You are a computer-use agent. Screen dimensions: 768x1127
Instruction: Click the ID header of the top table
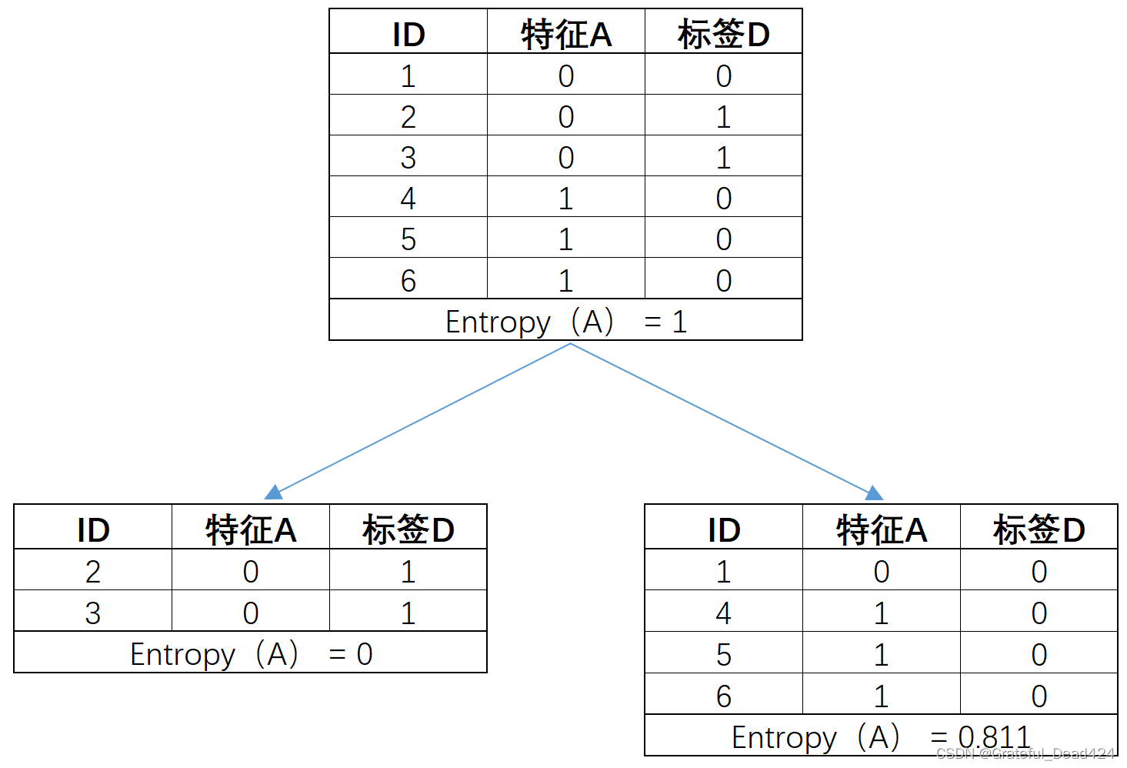tap(408, 35)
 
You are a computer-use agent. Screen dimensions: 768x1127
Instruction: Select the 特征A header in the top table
tap(566, 35)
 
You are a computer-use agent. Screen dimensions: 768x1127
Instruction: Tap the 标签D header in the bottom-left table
tap(408, 530)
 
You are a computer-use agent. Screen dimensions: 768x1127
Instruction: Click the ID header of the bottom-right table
tap(724, 530)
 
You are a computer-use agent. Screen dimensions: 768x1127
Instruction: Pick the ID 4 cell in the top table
tap(408, 199)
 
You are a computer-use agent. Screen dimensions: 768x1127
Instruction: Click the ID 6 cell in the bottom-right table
tap(724, 696)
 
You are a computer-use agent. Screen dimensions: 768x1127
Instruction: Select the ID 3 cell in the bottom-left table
tap(93, 613)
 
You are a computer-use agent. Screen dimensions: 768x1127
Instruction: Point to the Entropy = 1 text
tap(566, 322)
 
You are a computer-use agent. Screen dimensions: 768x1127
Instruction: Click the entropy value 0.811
tap(994, 736)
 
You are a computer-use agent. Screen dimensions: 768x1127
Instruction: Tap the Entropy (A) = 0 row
tap(251, 654)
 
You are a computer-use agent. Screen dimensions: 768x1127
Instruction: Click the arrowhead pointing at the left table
tap(274, 493)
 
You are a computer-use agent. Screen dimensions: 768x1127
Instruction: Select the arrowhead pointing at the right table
tap(874, 493)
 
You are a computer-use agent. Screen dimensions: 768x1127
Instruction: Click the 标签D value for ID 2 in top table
tap(723, 117)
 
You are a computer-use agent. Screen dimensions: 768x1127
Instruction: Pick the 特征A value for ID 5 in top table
tap(566, 239)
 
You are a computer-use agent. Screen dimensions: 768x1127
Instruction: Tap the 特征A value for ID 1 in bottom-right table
tap(882, 572)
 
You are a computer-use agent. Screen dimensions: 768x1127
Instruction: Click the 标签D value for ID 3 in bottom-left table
tap(408, 613)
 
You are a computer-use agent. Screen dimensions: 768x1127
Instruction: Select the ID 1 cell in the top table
tap(408, 76)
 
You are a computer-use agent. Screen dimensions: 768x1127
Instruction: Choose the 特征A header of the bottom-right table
tap(882, 530)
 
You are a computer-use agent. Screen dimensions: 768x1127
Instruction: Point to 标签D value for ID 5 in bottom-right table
tap(1039, 655)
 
